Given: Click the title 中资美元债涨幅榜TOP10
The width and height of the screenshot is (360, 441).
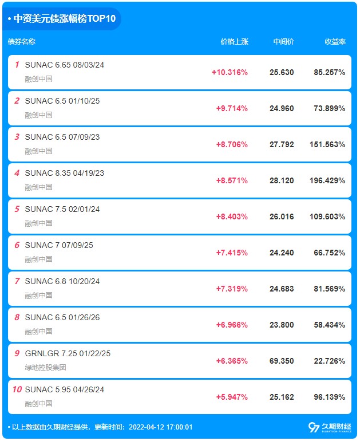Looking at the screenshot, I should click(64, 19).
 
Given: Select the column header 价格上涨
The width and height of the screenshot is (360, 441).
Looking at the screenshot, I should click(235, 42).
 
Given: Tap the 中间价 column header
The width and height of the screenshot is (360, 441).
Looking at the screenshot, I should click(284, 42).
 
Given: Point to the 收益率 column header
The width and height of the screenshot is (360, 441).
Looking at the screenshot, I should click(335, 42).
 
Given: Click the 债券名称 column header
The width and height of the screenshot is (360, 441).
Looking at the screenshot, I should click(22, 42).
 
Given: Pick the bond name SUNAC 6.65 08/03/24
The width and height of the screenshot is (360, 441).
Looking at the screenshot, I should click(65, 65).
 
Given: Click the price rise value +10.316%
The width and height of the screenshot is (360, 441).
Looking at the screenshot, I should click(230, 72).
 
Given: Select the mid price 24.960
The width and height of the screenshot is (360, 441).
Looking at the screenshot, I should click(282, 108).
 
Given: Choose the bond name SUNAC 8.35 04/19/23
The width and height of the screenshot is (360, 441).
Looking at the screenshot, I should click(65, 173).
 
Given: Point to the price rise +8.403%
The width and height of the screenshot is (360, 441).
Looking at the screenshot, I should click(232, 216).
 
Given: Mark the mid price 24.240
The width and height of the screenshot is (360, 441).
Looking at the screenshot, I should click(282, 253).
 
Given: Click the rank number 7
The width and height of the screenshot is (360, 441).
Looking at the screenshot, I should click(17, 281).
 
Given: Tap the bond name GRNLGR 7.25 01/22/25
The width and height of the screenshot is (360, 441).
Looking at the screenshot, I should click(68, 353).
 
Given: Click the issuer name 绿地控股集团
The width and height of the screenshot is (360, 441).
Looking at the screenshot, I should click(46, 367).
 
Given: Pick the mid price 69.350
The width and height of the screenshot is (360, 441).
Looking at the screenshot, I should click(282, 361).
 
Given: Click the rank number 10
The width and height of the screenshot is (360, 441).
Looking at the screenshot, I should click(17, 389).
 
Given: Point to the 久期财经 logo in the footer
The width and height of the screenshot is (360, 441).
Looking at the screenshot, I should click(330, 427).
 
